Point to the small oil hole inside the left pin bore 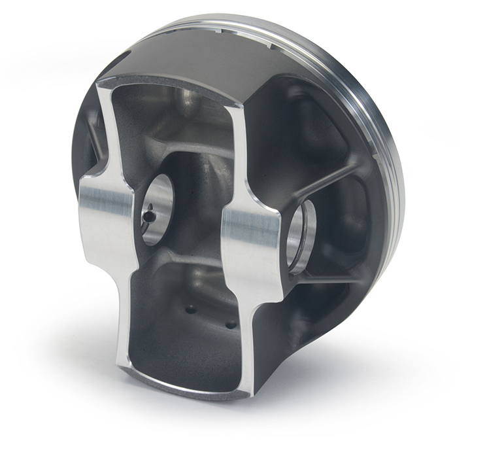[x=150, y=215]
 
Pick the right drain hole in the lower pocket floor [x=229, y=324]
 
